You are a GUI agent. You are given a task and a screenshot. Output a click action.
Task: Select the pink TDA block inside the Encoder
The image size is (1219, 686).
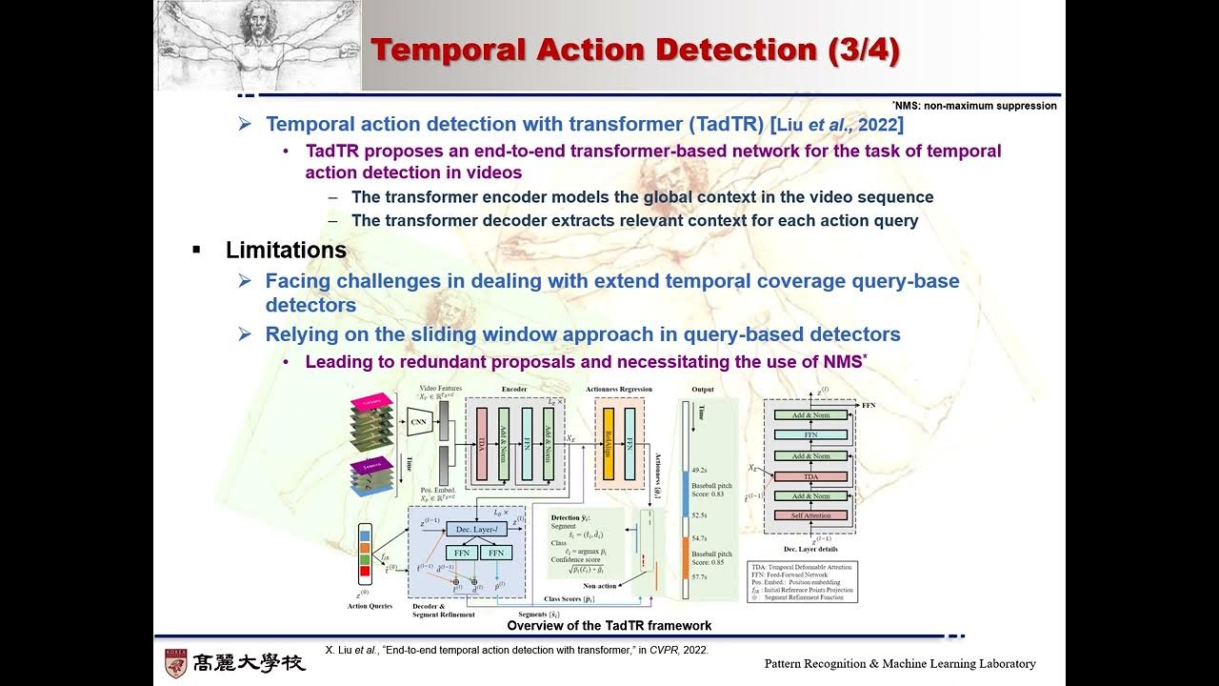tap(482, 443)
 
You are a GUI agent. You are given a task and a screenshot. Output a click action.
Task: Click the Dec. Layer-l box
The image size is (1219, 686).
tap(475, 529)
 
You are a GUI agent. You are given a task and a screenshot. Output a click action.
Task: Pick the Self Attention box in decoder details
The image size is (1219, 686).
tap(810, 515)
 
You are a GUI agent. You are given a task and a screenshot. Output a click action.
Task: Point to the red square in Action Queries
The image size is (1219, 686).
tap(365, 571)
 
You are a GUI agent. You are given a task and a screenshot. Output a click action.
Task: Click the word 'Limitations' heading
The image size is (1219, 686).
tap(286, 251)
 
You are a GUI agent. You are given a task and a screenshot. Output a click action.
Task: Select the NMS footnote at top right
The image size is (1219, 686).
tap(974, 106)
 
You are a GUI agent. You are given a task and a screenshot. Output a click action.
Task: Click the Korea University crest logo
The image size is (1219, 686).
tap(176, 663)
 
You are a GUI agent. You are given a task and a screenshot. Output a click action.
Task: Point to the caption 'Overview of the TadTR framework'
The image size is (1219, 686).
tap(609, 626)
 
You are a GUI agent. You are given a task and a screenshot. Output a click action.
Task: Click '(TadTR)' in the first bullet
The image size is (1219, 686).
tap(725, 124)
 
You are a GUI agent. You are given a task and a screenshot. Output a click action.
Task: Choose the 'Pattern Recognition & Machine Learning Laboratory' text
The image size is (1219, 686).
tap(900, 664)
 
